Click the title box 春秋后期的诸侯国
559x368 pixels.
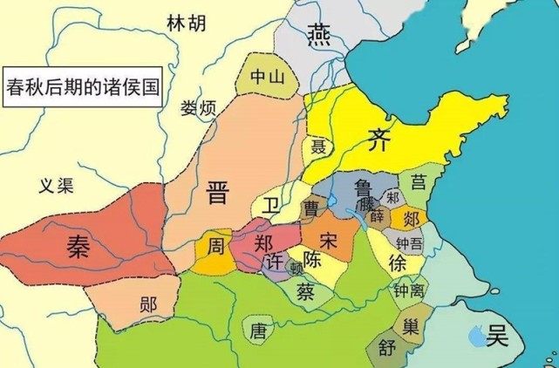[84, 87]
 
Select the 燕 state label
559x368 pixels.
[318, 33]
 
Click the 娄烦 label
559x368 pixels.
[199, 109]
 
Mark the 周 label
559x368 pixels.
[215, 247]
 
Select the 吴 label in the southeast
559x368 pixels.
[498, 334]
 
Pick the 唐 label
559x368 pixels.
[257, 331]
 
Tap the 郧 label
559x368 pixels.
[149, 305]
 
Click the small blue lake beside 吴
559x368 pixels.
[475, 332]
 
